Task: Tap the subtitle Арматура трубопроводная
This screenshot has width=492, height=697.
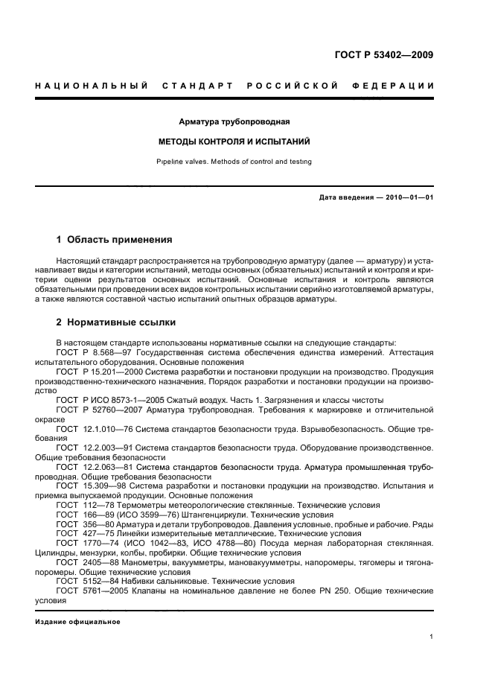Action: point(234,121)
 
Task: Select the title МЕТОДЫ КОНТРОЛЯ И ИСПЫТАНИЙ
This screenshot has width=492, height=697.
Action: point(234,141)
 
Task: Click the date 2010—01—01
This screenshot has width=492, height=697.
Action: point(406,197)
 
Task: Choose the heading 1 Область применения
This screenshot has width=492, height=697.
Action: point(115,240)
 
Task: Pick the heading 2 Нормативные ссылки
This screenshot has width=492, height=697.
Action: point(116,322)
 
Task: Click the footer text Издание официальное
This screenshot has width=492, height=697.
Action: point(77,620)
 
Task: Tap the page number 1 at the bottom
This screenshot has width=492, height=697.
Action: point(432,637)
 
